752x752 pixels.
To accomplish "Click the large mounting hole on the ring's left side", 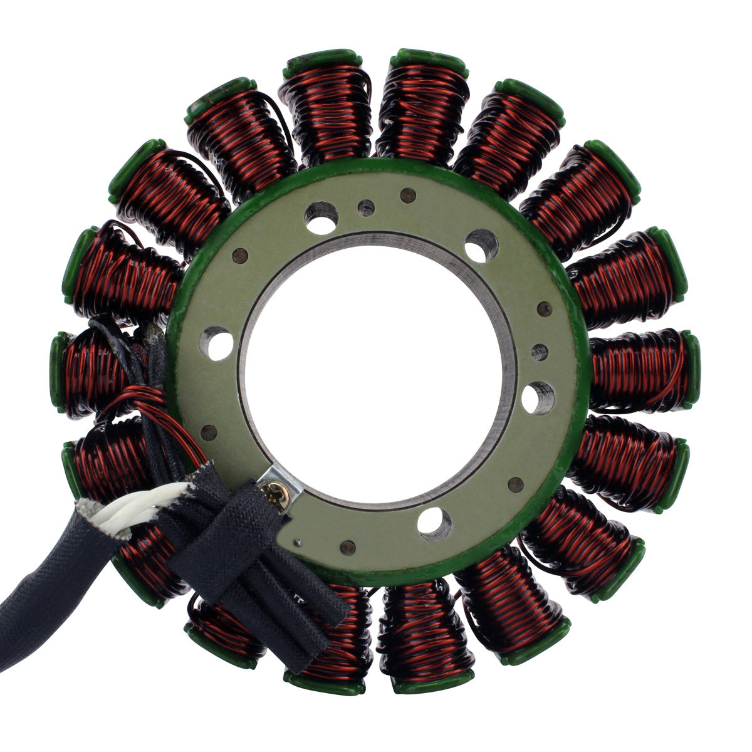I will click(218, 345).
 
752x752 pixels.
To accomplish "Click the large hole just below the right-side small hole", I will click(537, 397).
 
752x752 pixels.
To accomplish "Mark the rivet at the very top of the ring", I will click(407, 196).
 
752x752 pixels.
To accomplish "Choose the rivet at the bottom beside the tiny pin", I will click(347, 547).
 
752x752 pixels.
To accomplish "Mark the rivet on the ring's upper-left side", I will click(239, 255).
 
